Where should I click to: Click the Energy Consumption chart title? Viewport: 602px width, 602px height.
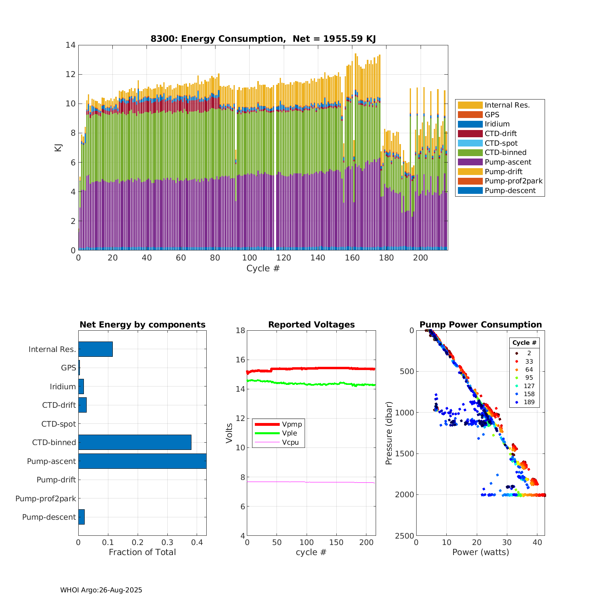pyautogui.click(x=263, y=39)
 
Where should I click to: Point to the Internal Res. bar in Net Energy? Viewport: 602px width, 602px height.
pyautogui.click(x=96, y=349)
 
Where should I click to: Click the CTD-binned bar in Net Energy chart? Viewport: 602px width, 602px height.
pyautogui.click(x=134, y=442)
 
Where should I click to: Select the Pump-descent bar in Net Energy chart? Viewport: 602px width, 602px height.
pyautogui.click(x=81, y=517)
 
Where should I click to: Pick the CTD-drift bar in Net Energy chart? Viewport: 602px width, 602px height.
pyautogui.click(x=82, y=405)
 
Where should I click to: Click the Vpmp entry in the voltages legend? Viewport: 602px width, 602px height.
pyautogui.click(x=292, y=424)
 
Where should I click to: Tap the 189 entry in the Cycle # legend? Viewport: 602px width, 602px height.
pyautogui.click(x=529, y=402)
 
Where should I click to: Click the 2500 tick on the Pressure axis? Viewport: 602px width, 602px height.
pyautogui.click(x=406, y=536)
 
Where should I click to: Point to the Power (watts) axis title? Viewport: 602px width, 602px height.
pyautogui.click(x=480, y=552)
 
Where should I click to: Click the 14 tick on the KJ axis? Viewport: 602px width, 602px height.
pyautogui.click(x=71, y=45)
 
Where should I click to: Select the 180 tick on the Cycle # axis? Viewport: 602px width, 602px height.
pyautogui.click(x=386, y=258)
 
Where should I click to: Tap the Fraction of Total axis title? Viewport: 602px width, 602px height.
pyautogui.click(x=142, y=552)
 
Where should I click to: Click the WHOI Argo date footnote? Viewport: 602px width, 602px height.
pyautogui.click(x=101, y=590)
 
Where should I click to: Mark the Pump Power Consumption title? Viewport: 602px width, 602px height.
pyautogui.click(x=480, y=325)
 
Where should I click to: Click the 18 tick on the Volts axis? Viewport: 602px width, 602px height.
pyautogui.click(x=240, y=330)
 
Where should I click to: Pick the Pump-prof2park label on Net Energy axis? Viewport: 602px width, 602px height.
pyautogui.click(x=46, y=498)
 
